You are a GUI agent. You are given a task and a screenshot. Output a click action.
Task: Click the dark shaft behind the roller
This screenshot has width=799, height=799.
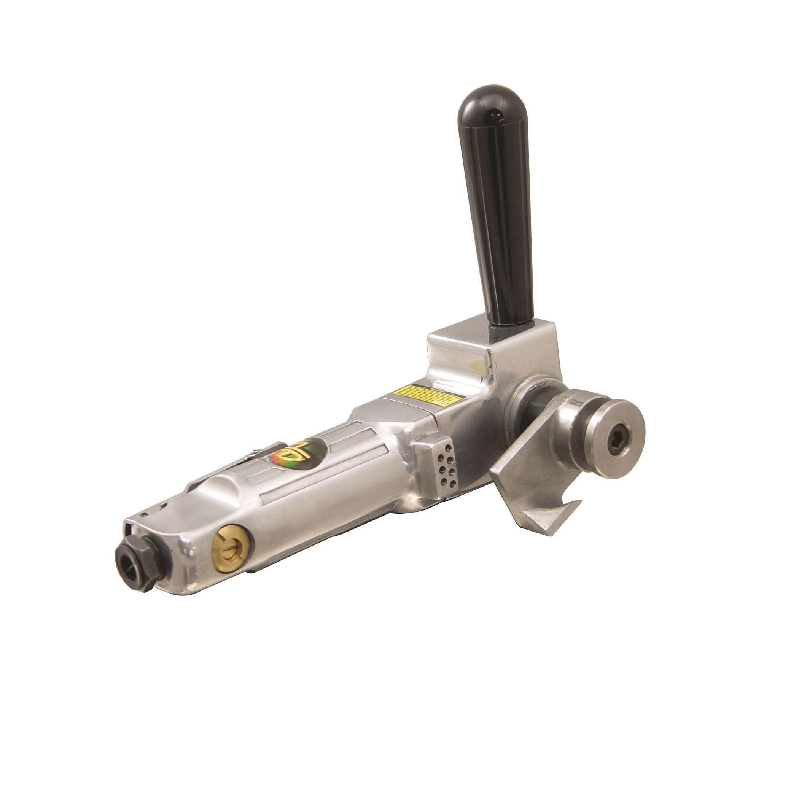click(544, 407)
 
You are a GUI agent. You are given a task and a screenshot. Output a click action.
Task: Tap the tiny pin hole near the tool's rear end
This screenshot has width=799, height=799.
click(142, 514)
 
